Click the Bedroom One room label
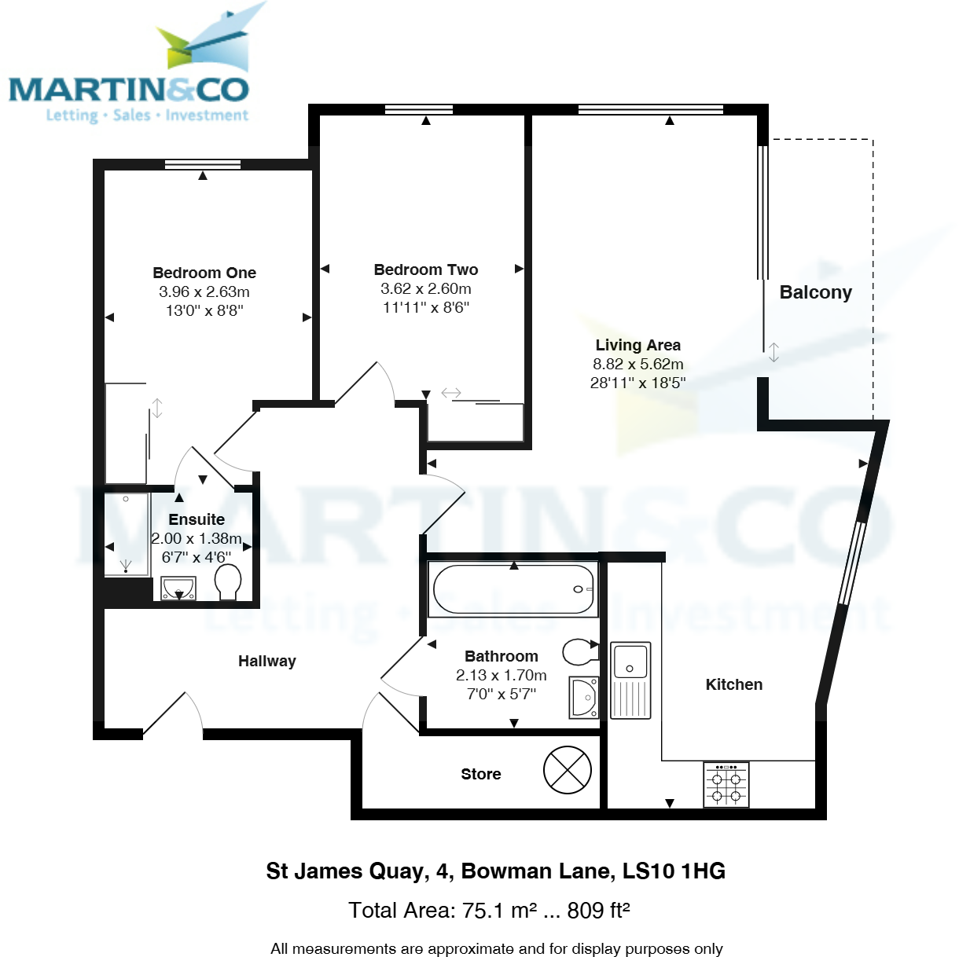pyautogui.click(x=204, y=273)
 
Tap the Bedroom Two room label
pyautogui.click(x=426, y=269)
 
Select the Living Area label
pyautogui.click(x=637, y=345)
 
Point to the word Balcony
pyautogui.click(x=815, y=292)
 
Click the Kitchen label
pyautogui.click(x=733, y=684)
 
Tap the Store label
pyautogui.click(x=480, y=774)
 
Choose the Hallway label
pyautogui.click(x=267, y=661)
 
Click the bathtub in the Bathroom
pyautogui.click(x=513, y=589)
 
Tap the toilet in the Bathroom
pyautogui.click(x=580, y=651)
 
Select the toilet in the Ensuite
pyautogui.click(x=228, y=582)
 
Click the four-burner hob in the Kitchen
pyautogui.click(x=726, y=785)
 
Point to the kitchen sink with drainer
pyautogui.click(x=630, y=680)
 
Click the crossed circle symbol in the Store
pyautogui.click(x=567, y=769)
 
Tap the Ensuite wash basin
pyautogui.click(x=178, y=588)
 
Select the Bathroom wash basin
pyautogui.click(x=584, y=698)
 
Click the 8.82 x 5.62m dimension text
pyautogui.click(x=637, y=364)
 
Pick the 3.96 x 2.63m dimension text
pyautogui.click(x=204, y=291)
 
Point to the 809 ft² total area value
pyautogui.click(x=598, y=910)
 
